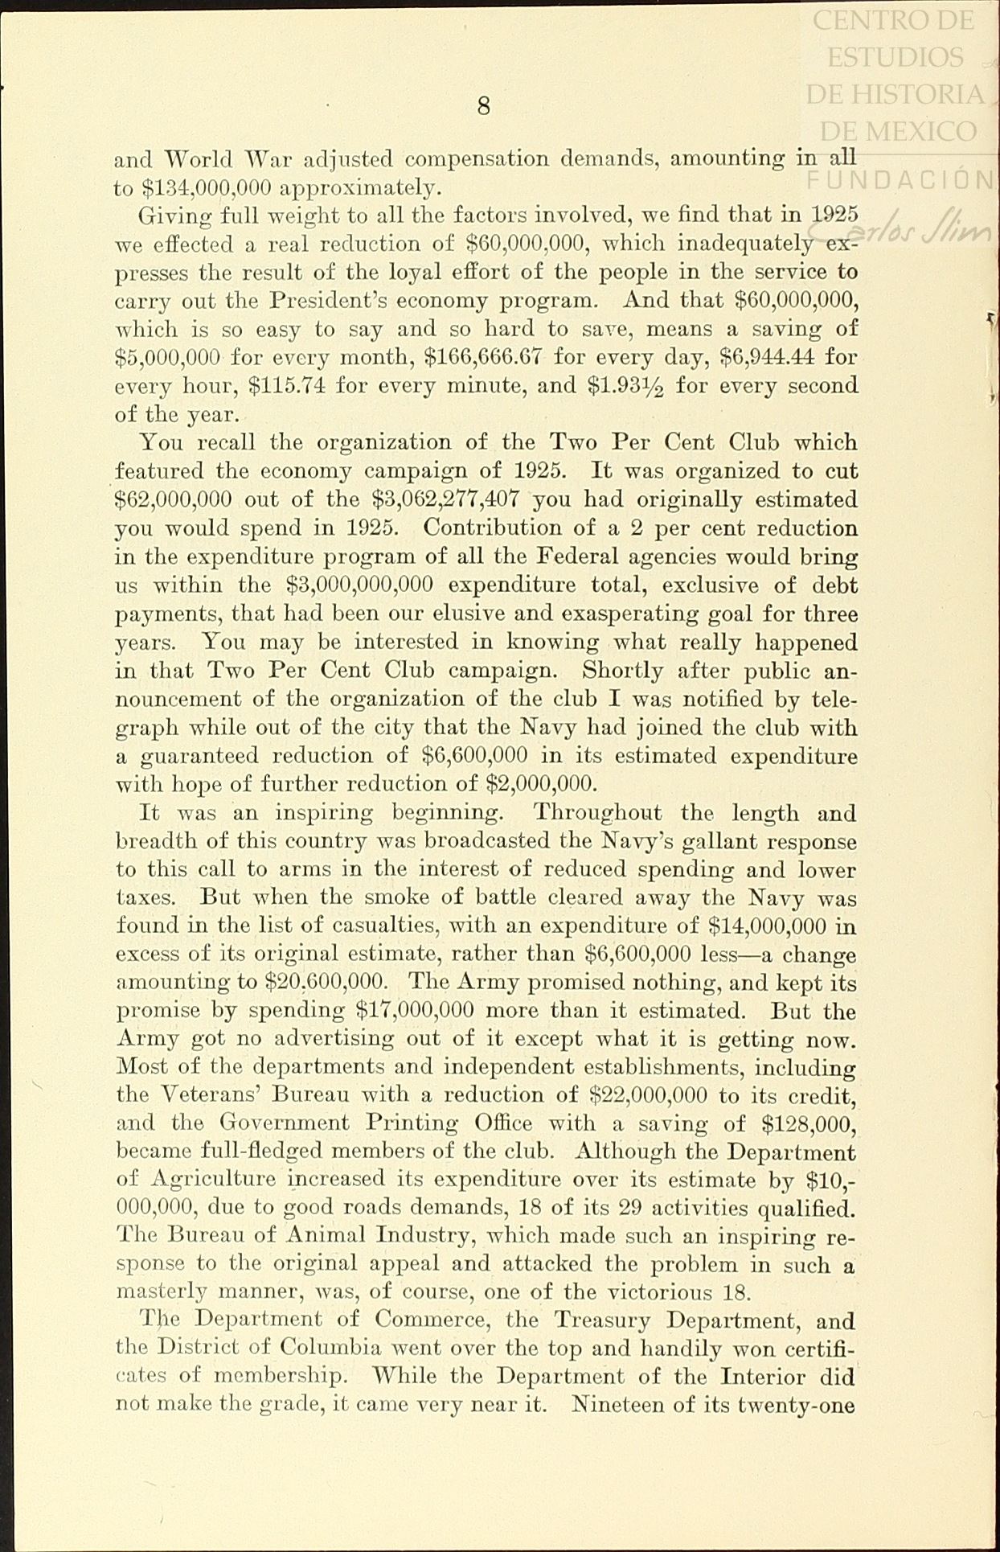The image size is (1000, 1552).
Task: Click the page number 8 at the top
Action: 483,105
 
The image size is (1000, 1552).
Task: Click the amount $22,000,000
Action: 648,1095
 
